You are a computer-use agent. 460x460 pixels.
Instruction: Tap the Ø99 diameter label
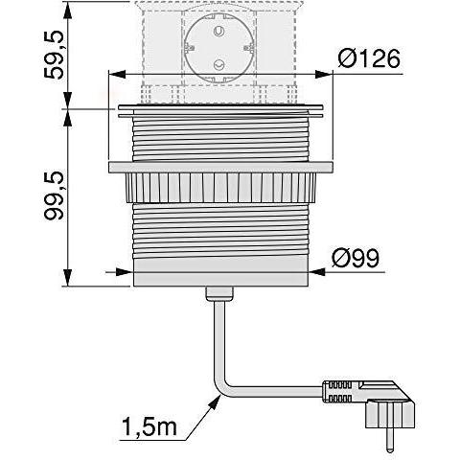point(357,258)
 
